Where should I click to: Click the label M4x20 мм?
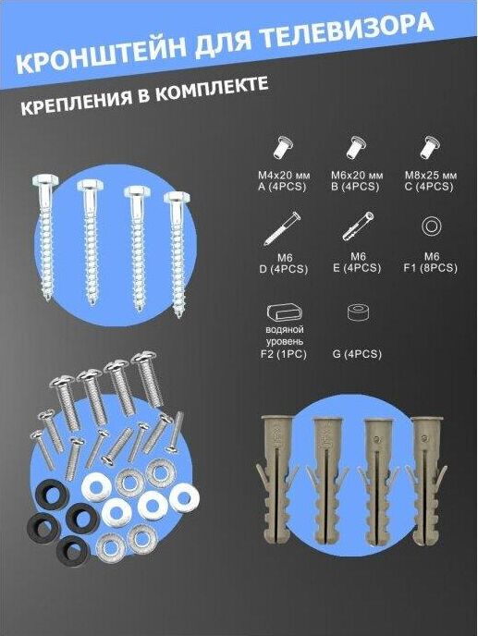tap(284, 176)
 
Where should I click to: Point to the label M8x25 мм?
tap(431, 176)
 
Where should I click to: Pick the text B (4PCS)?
tap(357, 187)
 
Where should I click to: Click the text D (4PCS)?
tap(284, 269)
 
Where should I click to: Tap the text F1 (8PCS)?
tap(431, 268)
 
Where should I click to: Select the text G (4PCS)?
tap(357, 354)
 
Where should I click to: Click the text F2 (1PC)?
tap(284, 354)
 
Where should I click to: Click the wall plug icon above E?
tap(358, 226)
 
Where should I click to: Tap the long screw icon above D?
tap(282, 228)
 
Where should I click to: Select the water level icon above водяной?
tap(285, 313)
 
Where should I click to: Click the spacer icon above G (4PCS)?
tap(358, 312)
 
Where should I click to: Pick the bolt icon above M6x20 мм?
tap(357, 148)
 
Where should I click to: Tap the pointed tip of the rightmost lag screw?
tap(179, 315)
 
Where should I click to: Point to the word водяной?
tap(285, 330)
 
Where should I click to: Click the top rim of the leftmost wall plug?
tap(276, 419)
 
